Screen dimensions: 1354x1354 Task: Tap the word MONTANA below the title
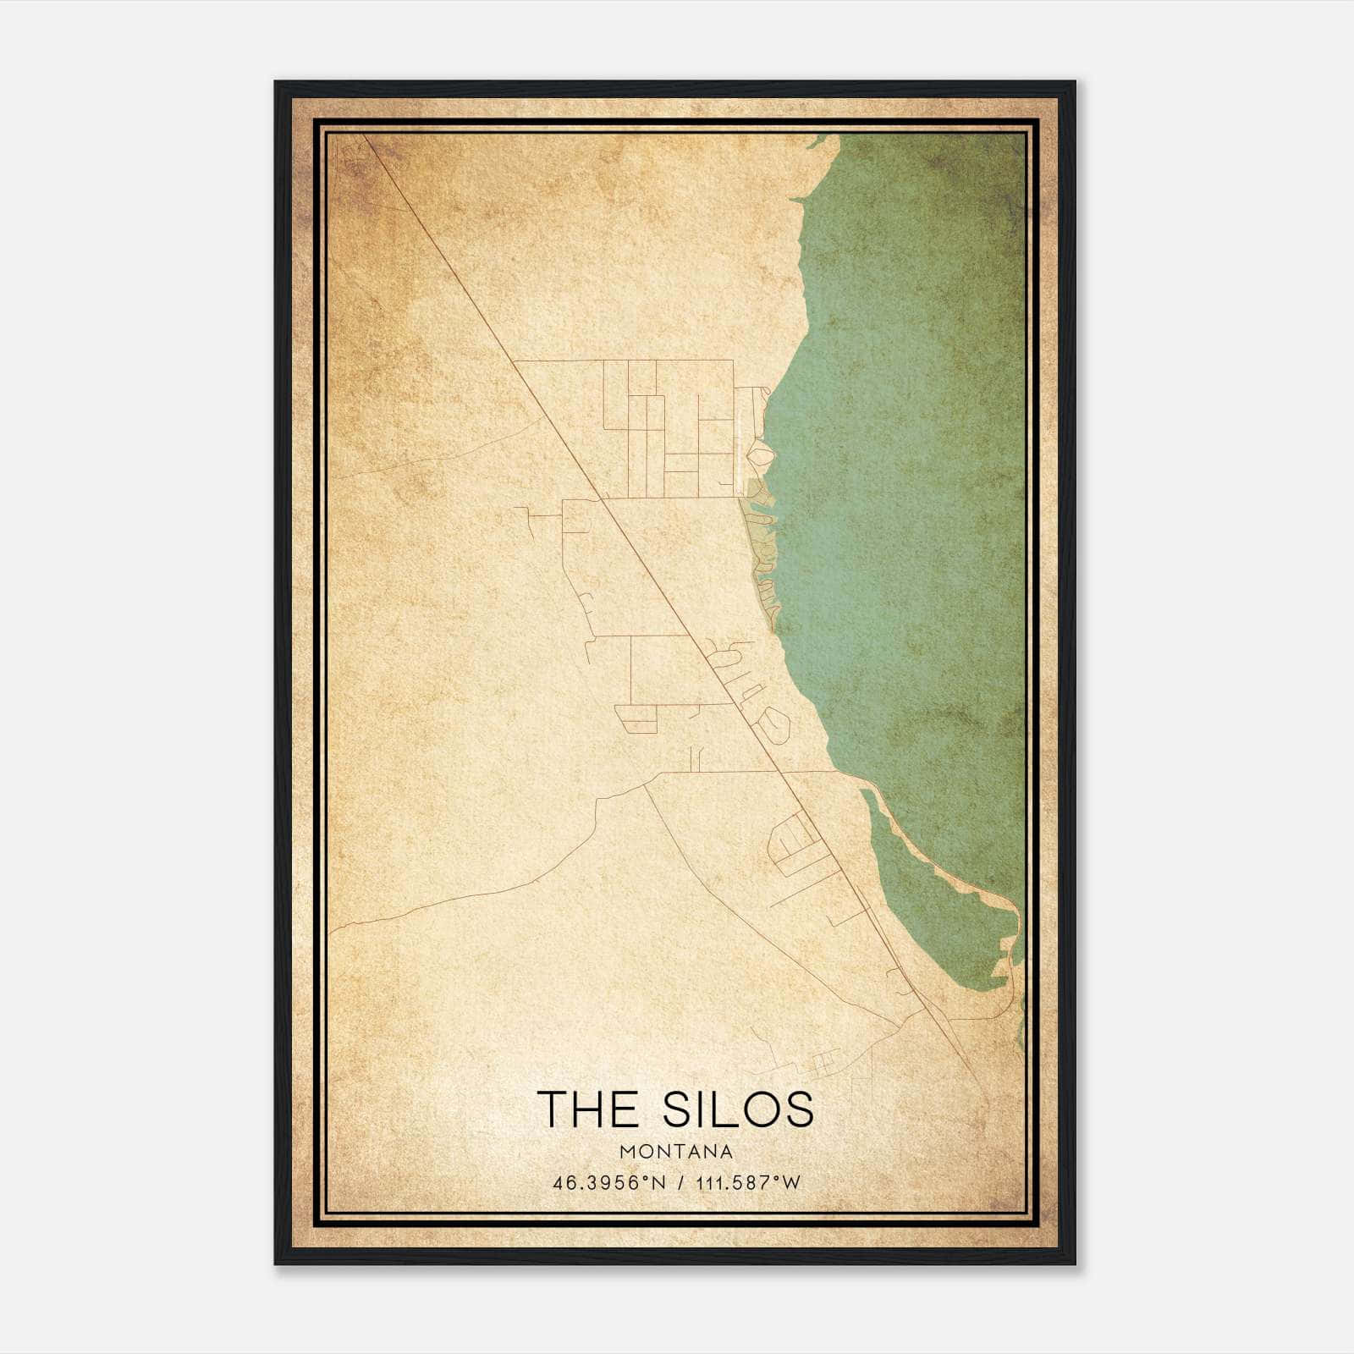(x=676, y=1152)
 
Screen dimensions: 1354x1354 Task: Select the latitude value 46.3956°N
(x=608, y=1183)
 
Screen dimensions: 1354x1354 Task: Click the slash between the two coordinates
(x=681, y=1183)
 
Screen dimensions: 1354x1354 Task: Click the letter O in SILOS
(x=762, y=1109)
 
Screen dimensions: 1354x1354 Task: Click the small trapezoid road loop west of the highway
(x=636, y=718)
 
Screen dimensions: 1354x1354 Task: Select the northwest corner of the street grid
(x=515, y=361)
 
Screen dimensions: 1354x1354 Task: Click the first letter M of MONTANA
(x=627, y=1152)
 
